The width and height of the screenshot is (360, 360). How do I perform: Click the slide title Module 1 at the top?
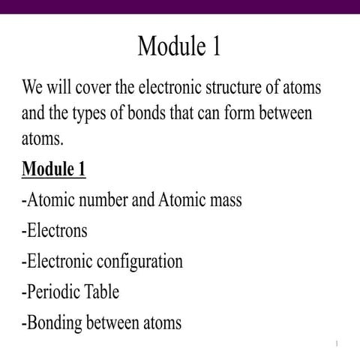pyautogui.click(x=179, y=46)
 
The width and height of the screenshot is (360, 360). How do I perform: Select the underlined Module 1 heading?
pyautogui.click(x=53, y=169)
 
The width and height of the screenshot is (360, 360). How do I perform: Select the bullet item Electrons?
pyautogui.click(x=54, y=231)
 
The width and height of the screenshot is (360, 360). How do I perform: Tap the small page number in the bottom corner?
pyautogui.click(x=337, y=343)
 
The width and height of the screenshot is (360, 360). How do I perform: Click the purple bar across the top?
pyautogui.click(x=180, y=6)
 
